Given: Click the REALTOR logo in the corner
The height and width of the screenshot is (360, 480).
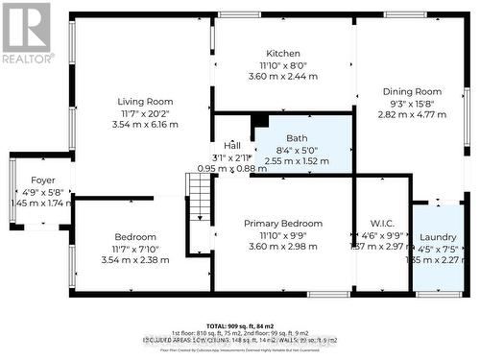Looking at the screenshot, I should click(x=27, y=33).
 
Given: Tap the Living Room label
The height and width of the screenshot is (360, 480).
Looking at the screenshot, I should click(x=145, y=102).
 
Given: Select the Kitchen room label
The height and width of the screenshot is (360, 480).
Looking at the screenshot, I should click(x=283, y=54).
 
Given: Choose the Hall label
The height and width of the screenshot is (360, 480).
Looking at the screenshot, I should click(x=232, y=145).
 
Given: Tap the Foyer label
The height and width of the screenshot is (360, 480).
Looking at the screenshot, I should click(x=41, y=180).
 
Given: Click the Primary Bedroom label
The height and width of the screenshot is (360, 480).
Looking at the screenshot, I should click(x=282, y=223).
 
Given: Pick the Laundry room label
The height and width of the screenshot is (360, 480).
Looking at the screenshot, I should click(x=438, y=236).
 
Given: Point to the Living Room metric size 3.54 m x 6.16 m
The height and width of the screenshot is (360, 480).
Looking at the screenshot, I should click(x=145, y=125).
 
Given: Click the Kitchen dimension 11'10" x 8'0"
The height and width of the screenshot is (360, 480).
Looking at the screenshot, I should click(x=283, y=65).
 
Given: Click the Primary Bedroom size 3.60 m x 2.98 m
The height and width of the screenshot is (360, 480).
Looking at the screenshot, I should click(x=282, y=246).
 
